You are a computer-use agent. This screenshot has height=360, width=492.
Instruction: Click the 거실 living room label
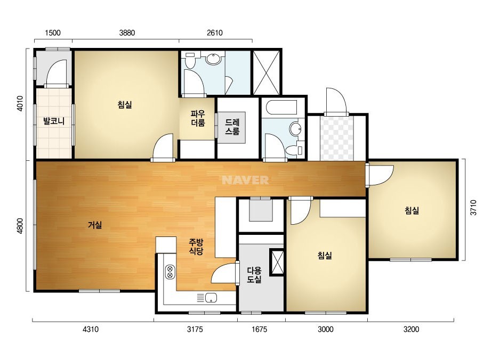(x=95, y=225)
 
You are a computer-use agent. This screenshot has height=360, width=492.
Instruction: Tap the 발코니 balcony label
(x=54, y=121)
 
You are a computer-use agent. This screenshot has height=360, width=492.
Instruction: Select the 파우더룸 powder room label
(x=198, y=118)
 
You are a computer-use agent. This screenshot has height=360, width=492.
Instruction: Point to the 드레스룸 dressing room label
(x=232, y=127)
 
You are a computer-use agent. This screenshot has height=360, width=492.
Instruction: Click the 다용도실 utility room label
(x=254, y=275)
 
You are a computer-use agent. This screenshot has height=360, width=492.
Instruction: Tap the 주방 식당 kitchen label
(x=196, y=247)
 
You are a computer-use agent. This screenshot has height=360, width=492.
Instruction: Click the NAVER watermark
(x=245, y=180)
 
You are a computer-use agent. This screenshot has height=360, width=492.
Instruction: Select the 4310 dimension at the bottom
(x=91, y=329)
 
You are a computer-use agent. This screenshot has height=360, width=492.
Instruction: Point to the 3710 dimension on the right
(x=473, y=207)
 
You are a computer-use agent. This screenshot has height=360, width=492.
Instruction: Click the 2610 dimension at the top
(x=215, y=33)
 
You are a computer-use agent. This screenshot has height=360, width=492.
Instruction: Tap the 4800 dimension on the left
(x=19, y=225)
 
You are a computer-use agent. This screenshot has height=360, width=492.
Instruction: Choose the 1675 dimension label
(x=260, y=329)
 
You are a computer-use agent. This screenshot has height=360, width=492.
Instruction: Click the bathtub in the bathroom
(x=281, y=107)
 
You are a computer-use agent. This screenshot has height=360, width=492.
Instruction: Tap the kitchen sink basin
(x=211, y=298)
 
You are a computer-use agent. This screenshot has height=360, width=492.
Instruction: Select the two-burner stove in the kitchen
(x=170, y=272)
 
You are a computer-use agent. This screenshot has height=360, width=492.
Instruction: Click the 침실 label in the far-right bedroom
(x=412, y=210)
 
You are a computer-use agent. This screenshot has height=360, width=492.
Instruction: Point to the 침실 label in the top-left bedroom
(x=125, y=104)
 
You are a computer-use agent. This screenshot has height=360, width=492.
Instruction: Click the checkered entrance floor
(x=337, y=138)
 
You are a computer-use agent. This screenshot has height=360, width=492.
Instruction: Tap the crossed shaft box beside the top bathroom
(x=266, y=72)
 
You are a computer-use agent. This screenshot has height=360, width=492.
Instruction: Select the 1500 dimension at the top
(x=53, y=33)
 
